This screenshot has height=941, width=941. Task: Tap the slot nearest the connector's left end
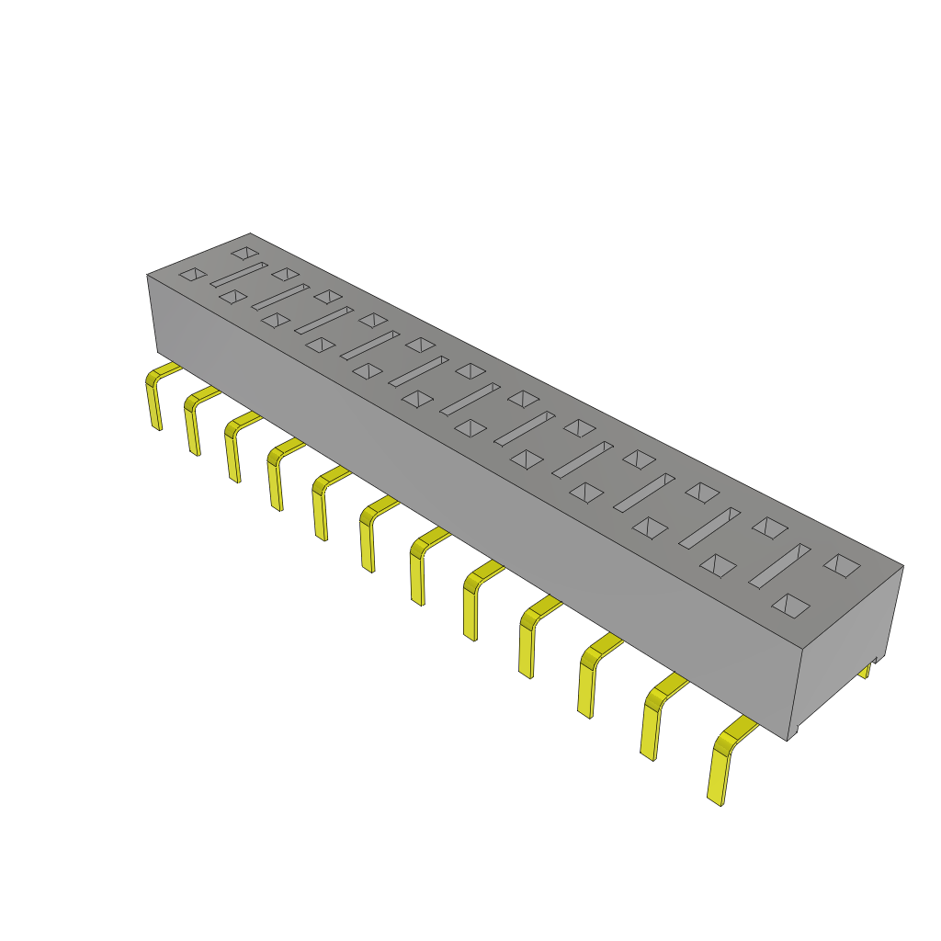pyautogui.click(x=239, y=274)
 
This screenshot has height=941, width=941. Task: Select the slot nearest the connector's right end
pyautogui.click(x=779, y=566)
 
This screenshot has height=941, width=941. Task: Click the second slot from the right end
pyautogui.click(x=709, y=527)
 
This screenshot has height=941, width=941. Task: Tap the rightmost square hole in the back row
pyautogui.click(x=841, y=564)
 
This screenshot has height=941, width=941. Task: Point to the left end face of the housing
pyautogui.click(x=153, y=312)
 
